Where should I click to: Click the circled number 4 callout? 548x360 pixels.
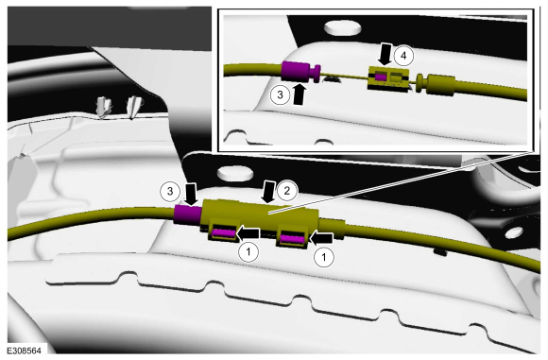click(403, 56)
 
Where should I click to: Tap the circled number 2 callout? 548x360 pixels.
click(287, 191)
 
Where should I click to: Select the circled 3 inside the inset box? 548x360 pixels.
click(280, 94)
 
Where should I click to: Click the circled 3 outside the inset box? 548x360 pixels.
click(170, 191)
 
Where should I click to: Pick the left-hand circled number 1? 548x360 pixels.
click(248, 251)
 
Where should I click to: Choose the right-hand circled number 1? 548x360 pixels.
click(324, 258)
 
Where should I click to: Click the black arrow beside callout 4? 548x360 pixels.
click(385, 54)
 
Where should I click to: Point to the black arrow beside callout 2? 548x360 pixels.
click(269, 192)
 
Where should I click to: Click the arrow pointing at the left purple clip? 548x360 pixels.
click(248, 233)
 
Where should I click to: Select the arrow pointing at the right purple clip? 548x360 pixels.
click(321, 238)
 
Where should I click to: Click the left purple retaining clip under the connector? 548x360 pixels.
click(224, 233)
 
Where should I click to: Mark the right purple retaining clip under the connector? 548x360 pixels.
click(292, 239)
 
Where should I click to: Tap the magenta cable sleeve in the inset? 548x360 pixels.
click(296, 71)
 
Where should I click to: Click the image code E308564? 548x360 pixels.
click(25, 351)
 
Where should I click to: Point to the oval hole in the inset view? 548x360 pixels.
click(343, 28)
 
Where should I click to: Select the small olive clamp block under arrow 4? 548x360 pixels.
click(388, 78)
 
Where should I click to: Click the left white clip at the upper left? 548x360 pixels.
click(104, 107)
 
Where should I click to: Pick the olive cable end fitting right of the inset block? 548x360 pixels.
click(436, 85)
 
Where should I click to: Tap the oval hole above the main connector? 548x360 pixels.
click(235, 173)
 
